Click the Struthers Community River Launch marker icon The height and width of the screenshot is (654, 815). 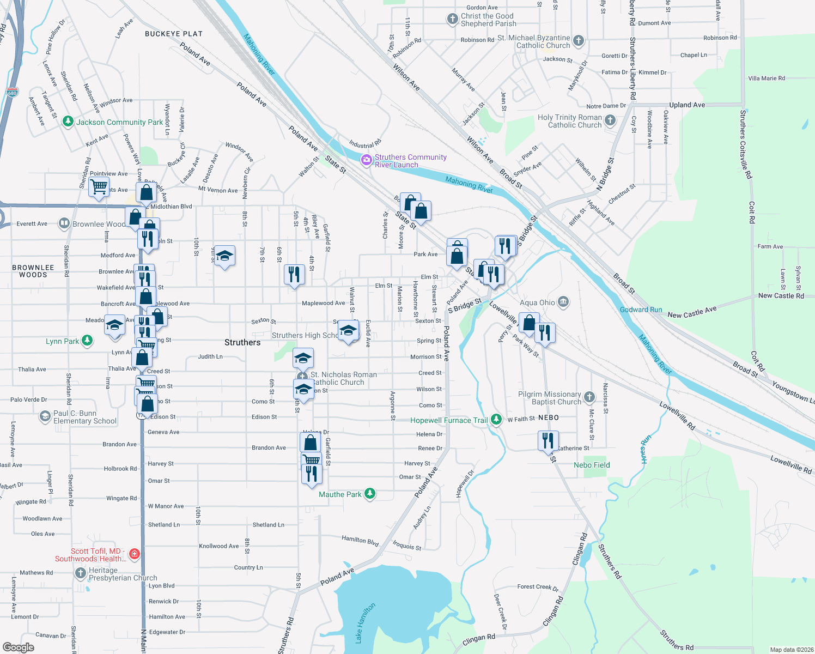tap(367, 160)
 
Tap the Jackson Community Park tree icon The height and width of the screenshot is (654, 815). tap(68, 122)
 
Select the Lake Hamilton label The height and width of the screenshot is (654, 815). tap(366, 622)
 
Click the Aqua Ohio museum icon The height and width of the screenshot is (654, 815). tap(563, 302)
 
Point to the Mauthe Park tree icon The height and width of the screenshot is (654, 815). tap(370, 494)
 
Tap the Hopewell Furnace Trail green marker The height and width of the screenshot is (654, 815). tap(496, 420)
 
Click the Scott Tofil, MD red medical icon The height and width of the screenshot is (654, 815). tap(135, 554)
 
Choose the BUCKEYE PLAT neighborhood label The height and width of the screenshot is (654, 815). tap(174, 34)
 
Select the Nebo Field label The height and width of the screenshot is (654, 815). tap(592, 465)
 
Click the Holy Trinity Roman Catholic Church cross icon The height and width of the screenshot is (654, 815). tap(610, 120)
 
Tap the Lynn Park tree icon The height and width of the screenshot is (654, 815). tap(87, 341)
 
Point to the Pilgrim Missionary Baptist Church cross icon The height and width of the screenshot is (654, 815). tap(589, 397)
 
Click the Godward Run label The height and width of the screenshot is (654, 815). tap(641, 310)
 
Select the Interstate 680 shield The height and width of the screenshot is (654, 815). tap(13, 92)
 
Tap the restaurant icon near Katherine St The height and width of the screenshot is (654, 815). tap(548, 440)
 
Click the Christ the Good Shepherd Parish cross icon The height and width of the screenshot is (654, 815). tap(452, 19)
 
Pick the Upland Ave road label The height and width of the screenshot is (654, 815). tap(687, 105)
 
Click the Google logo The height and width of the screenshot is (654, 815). tap(18, 647)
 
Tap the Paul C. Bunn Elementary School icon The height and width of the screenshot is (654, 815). tap(45, 417)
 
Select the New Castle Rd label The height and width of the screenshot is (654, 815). tap(781, 295)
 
